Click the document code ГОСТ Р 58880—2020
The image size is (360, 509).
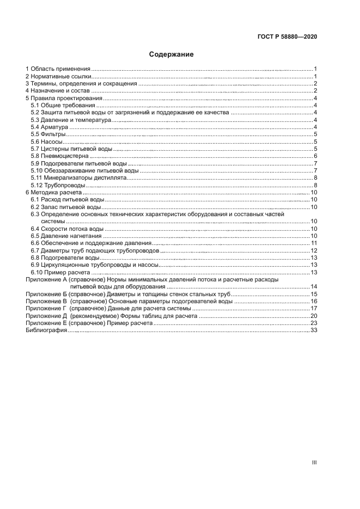tap(287, 38)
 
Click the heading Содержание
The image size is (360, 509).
tap(172, 54)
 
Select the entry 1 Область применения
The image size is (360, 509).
tap(58, 69)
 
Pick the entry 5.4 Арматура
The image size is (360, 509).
tap(47, 127)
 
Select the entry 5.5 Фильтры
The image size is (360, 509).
tap(48, 134)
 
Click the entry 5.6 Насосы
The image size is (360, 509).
tap(46, 142)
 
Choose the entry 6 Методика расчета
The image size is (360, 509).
tap(54, 193)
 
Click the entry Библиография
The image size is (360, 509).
tap(46, 330)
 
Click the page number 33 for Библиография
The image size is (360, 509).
tap(314, 330)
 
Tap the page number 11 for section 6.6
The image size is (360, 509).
tap(314, 243)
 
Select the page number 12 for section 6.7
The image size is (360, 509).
tap(314, 250)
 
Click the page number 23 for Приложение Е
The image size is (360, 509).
tap(314, 323)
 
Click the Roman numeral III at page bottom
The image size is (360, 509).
tap(314, 462)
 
